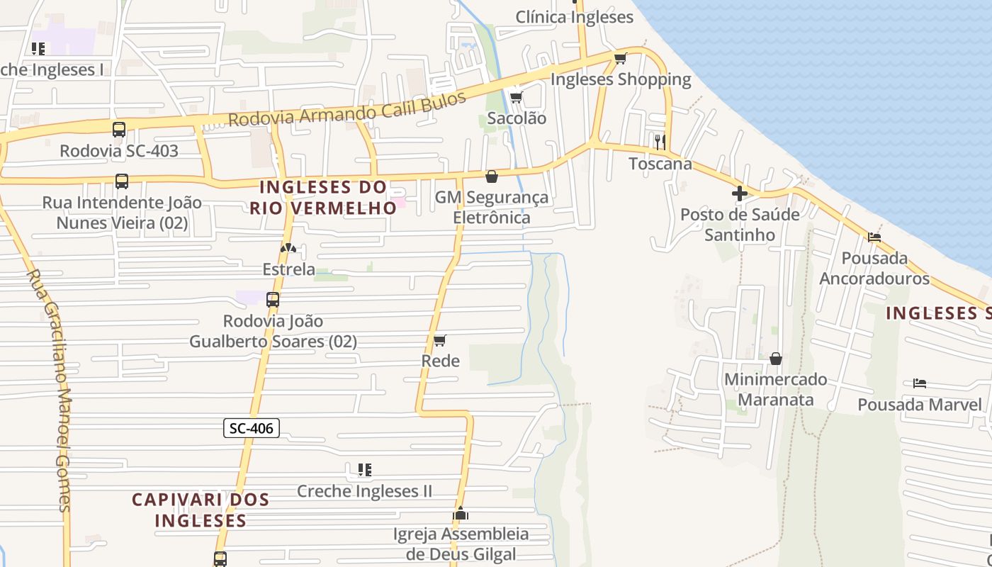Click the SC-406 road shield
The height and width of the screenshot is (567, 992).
252,428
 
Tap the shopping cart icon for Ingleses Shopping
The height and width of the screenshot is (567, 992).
621,58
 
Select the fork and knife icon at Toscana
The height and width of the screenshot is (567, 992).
660,142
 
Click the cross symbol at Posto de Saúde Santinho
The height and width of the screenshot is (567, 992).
740,193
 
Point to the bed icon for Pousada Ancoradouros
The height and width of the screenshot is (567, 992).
874,237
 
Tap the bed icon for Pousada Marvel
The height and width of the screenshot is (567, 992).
920,383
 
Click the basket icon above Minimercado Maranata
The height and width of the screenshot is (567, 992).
776,359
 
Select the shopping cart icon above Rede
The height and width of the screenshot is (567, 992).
440,341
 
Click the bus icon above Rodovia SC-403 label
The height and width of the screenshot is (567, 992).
119,130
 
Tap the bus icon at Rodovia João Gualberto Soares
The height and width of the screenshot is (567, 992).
273,300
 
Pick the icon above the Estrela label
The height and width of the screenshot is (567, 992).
288,249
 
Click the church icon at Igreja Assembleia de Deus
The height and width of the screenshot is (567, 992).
461,513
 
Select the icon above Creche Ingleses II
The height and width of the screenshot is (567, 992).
365,469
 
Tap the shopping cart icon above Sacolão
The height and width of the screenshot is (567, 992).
517,97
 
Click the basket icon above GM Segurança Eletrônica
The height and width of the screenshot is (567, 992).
492,176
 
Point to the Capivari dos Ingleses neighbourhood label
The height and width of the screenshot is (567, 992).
201,510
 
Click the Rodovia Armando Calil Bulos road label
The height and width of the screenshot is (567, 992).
347,108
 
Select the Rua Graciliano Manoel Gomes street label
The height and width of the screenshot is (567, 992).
50,390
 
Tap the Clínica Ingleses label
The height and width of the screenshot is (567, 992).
574,17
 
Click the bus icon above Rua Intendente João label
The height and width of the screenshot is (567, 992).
122,181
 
